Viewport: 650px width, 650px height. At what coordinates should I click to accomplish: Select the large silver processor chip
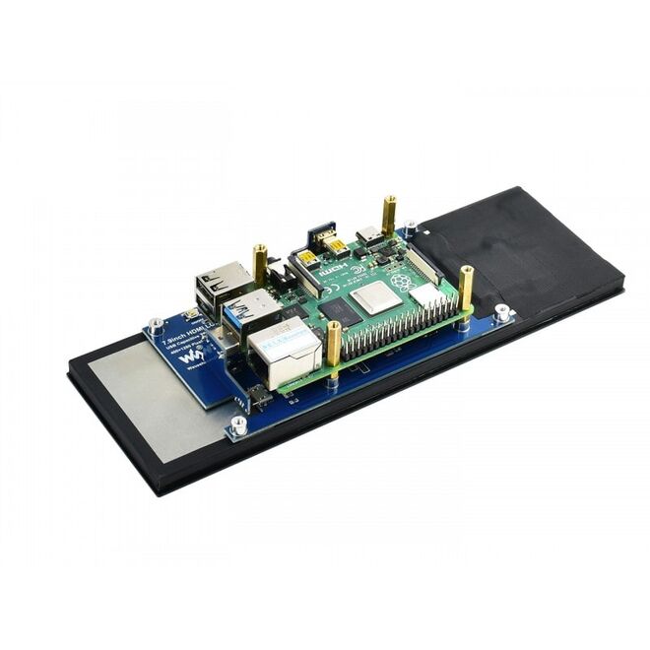pos(373,296)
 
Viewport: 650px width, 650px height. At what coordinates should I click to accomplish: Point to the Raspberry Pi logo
pos(402,282)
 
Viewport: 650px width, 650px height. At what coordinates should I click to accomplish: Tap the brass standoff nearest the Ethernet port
pos(334,346)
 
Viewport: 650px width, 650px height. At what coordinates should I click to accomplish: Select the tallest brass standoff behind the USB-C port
pos(390,215)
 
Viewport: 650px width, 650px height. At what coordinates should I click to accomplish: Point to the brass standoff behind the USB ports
pos(260,264)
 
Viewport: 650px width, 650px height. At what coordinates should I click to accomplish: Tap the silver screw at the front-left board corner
pos(239,425)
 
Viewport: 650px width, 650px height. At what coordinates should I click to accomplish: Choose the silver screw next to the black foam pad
pos(502,313)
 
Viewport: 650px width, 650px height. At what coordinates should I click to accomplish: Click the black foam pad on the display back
pos(522,246)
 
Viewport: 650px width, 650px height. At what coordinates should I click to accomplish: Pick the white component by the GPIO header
pos(426,294)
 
